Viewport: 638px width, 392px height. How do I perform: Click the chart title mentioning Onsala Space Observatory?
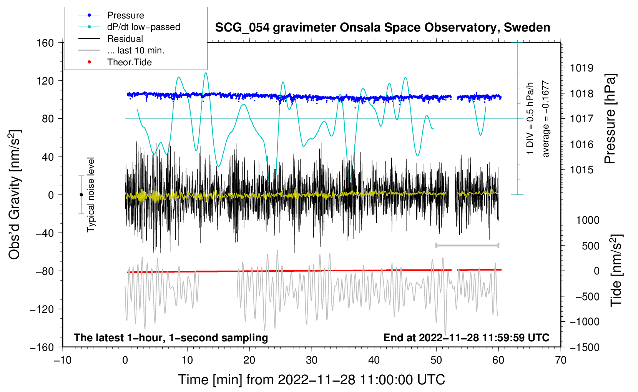coord(382,28)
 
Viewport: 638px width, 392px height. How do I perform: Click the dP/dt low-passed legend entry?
coord(143,27)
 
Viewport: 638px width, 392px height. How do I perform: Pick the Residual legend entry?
coord(125,39)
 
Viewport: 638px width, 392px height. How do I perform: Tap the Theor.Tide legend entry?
coord(129,62)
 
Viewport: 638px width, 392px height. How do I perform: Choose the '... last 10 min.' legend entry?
coord(136,50)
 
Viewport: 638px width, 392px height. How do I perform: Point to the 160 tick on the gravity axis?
coord(45,43)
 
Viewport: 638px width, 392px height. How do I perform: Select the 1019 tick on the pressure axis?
coord(582,68)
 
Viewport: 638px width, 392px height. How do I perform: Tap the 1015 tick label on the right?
coord(582,169)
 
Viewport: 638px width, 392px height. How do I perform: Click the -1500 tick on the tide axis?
coord(584,347)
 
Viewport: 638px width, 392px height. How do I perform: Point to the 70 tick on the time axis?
coord(561,360)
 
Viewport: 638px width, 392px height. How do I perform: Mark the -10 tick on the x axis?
coord(63,360)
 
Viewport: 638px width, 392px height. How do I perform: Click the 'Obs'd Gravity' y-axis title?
coord(15,194)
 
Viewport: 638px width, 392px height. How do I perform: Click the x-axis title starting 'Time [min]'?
coord(312,380)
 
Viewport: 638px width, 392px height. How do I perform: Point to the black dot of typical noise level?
coord(81,195)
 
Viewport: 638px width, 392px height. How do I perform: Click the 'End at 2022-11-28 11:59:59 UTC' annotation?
coord(466,337)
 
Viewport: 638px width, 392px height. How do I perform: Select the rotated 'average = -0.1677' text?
coord(545,119)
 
